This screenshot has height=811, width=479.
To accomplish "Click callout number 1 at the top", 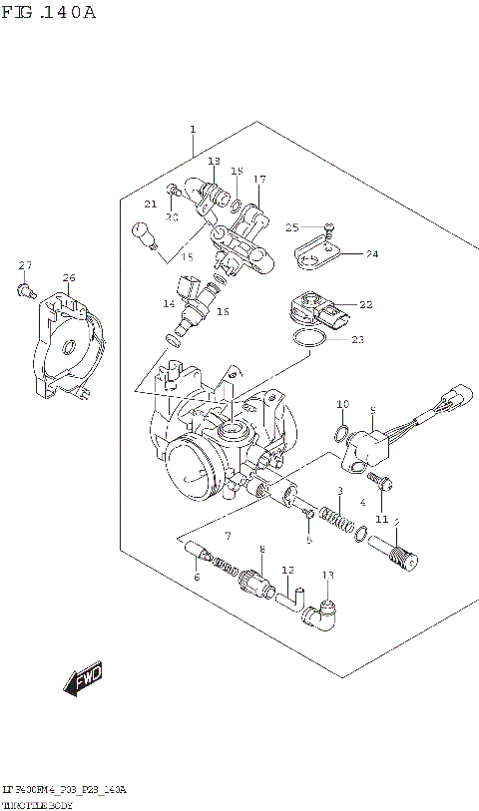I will [193, 129].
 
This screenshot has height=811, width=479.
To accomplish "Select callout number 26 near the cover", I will [68, 277].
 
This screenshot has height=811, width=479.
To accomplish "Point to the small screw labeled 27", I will [23, 289].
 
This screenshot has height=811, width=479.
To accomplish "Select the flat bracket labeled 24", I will [317, 255].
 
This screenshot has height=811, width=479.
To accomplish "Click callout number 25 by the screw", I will [292, 227].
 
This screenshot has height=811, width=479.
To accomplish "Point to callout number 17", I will [259, 180].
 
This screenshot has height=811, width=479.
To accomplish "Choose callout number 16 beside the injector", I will [223, 312].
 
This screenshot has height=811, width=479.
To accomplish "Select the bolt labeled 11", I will [387, 487].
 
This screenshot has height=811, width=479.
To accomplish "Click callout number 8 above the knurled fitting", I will [261, 550].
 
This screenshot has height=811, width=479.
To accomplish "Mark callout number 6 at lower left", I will [196, 578].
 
